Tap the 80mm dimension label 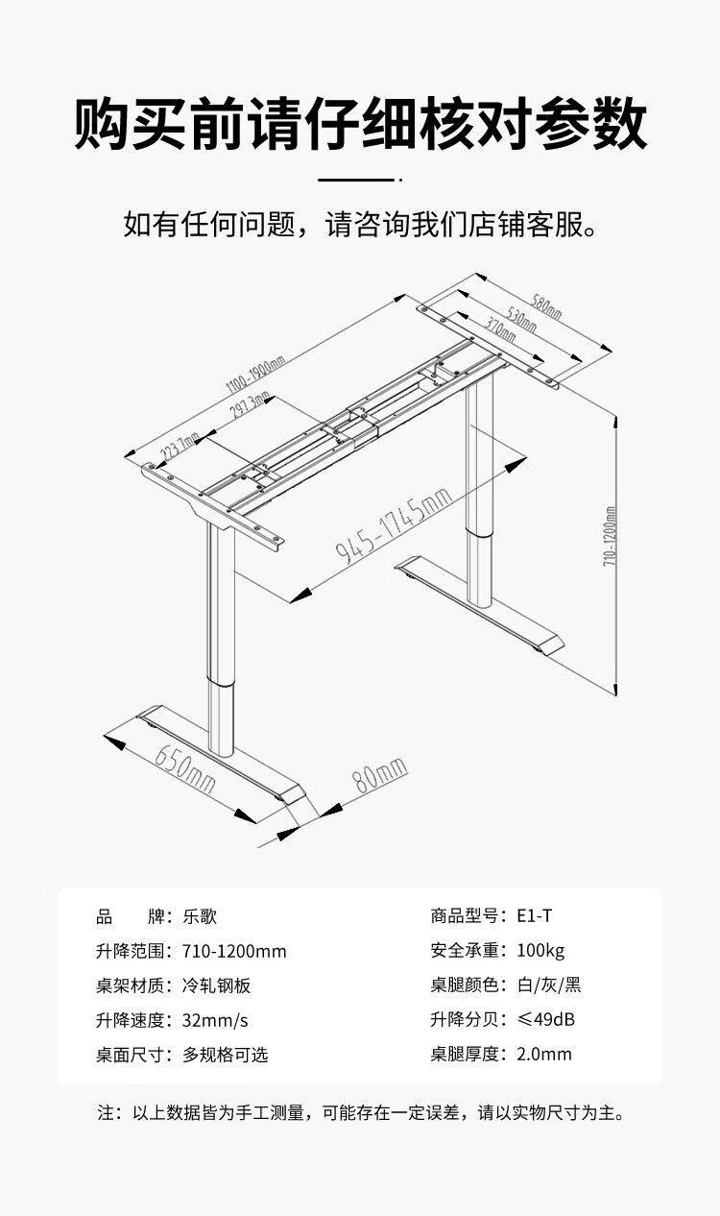coord(380,774)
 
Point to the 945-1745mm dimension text coord(394,525)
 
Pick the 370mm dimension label coord(499,332)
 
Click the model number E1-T coord(534,916)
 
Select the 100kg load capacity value coord(540,951)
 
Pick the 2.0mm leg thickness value coord(543,1055)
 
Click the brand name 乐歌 coord(200,916)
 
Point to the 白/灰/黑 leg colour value coord(548,985)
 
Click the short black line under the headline coord(356,180)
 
